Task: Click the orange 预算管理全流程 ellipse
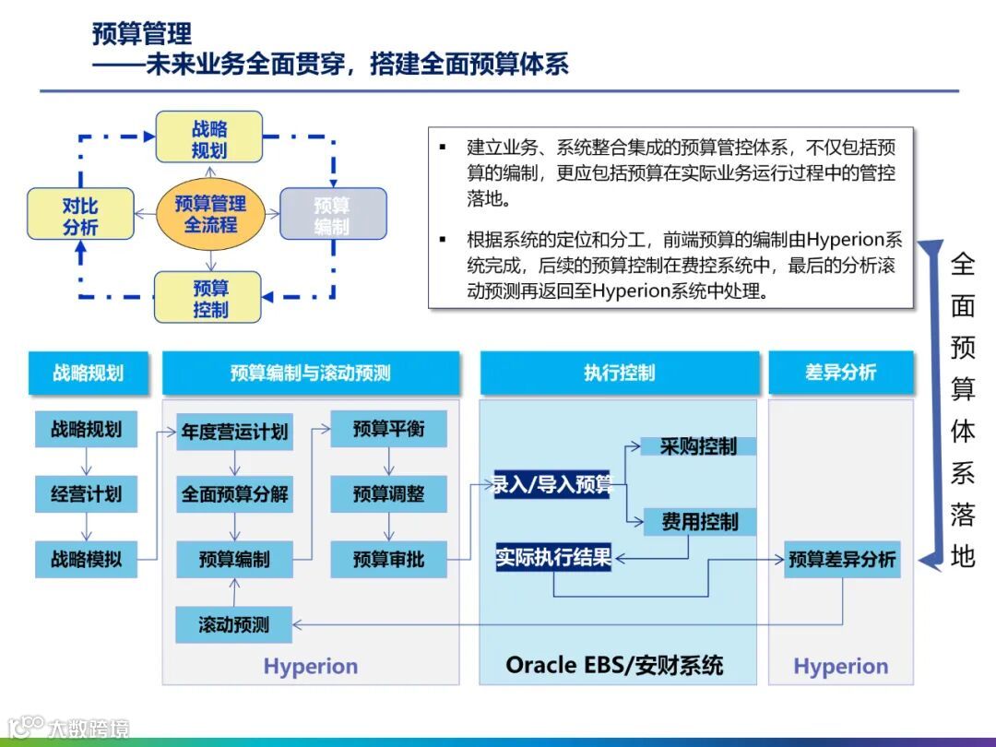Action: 210,214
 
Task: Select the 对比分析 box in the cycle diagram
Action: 80,214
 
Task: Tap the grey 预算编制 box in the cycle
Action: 332,214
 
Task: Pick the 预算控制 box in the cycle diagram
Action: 209,297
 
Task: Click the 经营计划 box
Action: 86,493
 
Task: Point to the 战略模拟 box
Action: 86,559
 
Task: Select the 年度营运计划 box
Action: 234,431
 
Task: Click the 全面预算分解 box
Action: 234,493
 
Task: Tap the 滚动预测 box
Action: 233,624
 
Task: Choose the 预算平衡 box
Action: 388,429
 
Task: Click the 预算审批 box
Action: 388,559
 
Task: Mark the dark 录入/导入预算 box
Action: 552,484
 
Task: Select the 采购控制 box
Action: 698,446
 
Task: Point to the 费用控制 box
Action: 699,522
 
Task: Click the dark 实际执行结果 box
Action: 553,557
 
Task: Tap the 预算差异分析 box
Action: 841,559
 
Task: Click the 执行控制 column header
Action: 619,373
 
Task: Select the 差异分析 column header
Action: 840,373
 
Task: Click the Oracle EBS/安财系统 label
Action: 614,665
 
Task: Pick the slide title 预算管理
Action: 142,34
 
